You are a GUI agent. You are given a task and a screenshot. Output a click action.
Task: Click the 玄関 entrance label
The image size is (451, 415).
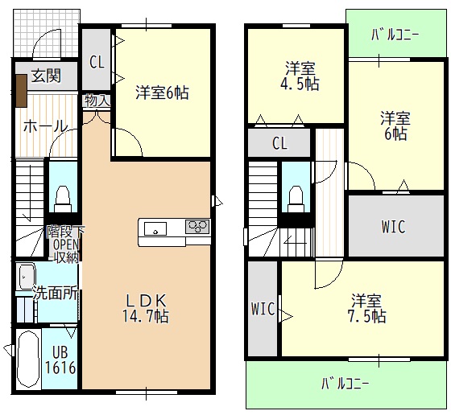(x=46, y=76)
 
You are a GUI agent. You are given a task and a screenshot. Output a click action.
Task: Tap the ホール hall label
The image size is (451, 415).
(x=44, y=125)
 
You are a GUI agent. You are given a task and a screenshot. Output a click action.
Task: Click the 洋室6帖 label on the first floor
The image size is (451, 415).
(x=162, y=92)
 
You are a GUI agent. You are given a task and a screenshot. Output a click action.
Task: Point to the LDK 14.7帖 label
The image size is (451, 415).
(x=146, y=308)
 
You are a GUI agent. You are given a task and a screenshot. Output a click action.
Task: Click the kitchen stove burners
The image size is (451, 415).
(x=197, y=227)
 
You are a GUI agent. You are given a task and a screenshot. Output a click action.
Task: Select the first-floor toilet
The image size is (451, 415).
(x=62, y=195)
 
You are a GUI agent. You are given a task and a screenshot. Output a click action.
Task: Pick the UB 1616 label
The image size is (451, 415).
(x=61, y=359)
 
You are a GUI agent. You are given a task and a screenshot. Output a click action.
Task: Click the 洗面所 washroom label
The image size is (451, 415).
(x=55, y=294)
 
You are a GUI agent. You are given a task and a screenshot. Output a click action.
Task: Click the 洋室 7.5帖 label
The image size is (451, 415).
(x=367, y=308)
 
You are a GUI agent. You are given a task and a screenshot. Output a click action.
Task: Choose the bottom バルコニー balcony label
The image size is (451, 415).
(x=345, y=383)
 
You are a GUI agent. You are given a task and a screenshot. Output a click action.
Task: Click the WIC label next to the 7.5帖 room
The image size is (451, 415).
(x=263, y=308)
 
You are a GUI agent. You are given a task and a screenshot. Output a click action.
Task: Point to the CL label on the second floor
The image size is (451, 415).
(x=279, y=144)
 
